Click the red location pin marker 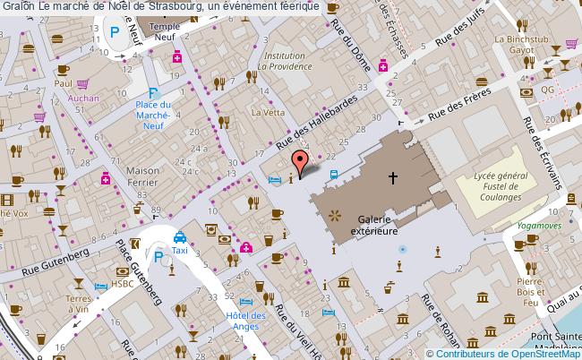[x=299, y=161]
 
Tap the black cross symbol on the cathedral [x=392, y=178]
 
